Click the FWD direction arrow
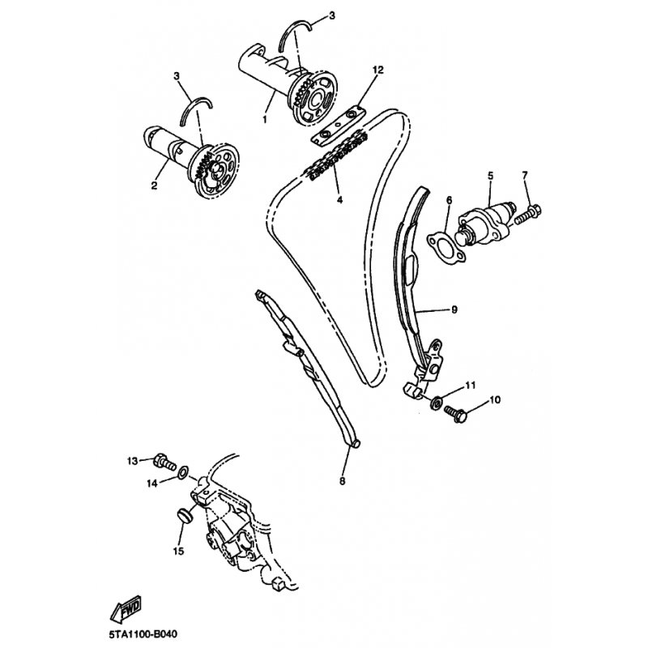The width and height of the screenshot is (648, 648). tap(126, 609)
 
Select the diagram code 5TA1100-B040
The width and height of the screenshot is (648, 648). tap(143, 633)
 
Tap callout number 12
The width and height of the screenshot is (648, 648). tap(377, 70)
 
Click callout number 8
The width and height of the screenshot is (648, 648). tap(342, 481)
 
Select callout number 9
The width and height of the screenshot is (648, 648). tap(454, 309)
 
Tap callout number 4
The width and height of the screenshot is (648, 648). tap(339, 200)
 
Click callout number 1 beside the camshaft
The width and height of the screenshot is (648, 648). tap(265, 119)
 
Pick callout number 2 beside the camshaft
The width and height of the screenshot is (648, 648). tap(154, 186)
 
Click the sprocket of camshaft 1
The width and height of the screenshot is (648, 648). tap(315, 98)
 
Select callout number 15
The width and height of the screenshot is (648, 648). tap(178, 551)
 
